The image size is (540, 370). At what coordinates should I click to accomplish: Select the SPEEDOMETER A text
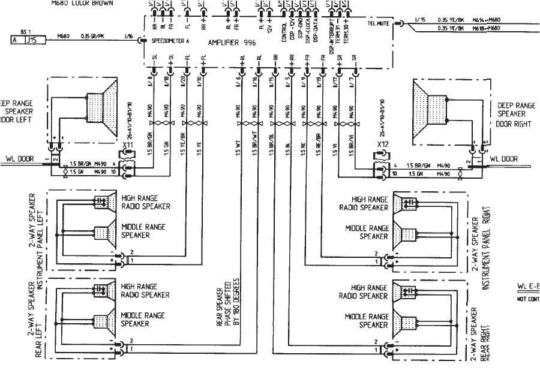pyautogui.click(x=170, y=41)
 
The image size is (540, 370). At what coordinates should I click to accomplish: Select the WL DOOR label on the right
pyautogui.click(x=503, y=159)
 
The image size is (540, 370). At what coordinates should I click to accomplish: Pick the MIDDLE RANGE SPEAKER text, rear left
pyautogui.click(x=143, y=319)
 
